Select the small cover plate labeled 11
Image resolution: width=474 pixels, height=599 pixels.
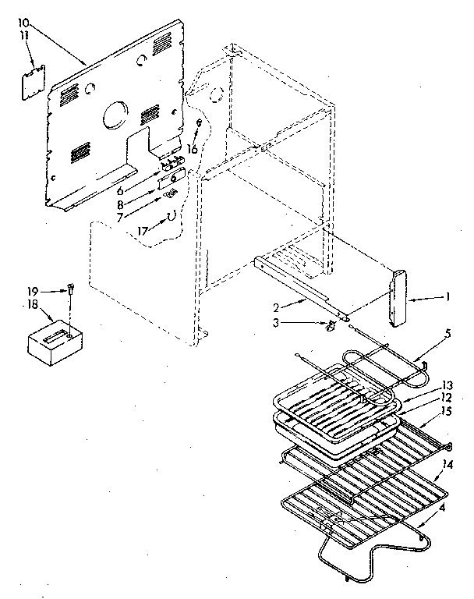point(33,83)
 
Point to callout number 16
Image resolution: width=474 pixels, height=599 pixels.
point(192,148)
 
